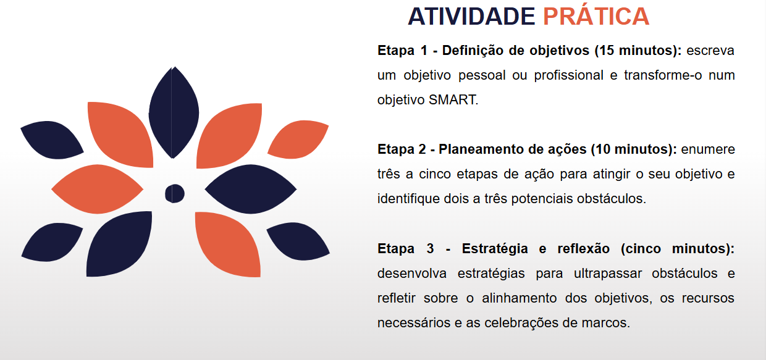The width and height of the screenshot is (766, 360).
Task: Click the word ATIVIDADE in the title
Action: coord(471,17)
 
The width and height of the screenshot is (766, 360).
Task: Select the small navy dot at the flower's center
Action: coord(175,193)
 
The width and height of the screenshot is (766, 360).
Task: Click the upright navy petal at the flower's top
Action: coord(174,112)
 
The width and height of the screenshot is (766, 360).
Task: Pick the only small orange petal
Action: coord(298,140)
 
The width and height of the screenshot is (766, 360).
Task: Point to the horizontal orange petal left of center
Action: coord(98,189)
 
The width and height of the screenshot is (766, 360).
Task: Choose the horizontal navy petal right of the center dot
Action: coord(251,189)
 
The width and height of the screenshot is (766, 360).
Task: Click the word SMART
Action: coord(453,100)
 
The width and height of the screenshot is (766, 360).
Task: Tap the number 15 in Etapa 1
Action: coord(607,51)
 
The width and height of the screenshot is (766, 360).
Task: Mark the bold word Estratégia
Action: coord(495,249)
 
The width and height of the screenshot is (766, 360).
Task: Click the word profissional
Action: coord(569,75)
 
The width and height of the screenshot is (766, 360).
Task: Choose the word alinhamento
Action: coord(520,298)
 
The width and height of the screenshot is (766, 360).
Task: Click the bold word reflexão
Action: coord(583,249)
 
